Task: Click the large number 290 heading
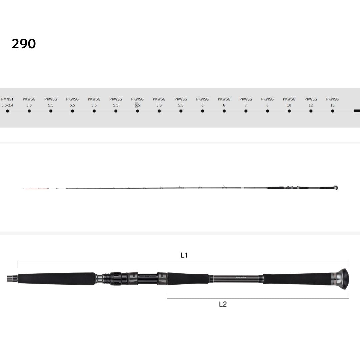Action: coord(24,44)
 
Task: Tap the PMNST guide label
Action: coord(7,99)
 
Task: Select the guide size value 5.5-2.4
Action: coord(7,105)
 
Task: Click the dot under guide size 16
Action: coord(332,111)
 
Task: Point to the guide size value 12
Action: coord(311,105)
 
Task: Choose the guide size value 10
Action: coord(289,105)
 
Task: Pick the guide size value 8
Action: coord(267,105)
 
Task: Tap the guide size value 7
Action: coord(246,105)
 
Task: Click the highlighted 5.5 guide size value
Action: coord(137,105)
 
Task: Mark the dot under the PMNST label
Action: coord(8,111)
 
